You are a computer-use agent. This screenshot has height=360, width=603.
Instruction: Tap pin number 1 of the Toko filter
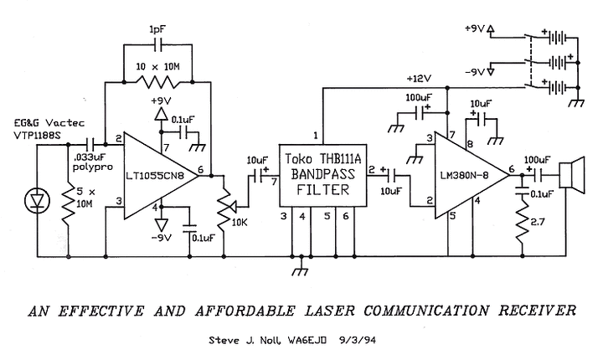(x=315, y=135)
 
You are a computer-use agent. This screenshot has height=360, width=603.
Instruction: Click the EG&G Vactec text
(x=41, y=122)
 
